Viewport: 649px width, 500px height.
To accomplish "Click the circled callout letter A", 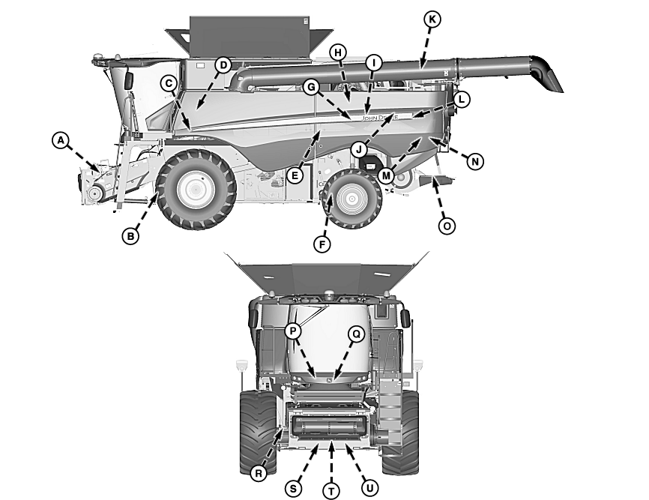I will (61, 139).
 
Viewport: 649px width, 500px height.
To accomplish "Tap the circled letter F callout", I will (322, 244).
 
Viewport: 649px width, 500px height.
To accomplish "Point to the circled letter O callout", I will (447, 225).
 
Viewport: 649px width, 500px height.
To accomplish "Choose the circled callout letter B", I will (130, 236).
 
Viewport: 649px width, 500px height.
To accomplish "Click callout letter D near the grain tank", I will (223, 65).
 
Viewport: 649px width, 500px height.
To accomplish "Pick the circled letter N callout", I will (474, 160).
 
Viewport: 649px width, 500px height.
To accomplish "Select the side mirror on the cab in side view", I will (129, 79).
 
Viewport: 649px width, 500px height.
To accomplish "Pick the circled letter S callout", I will (294, 487).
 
